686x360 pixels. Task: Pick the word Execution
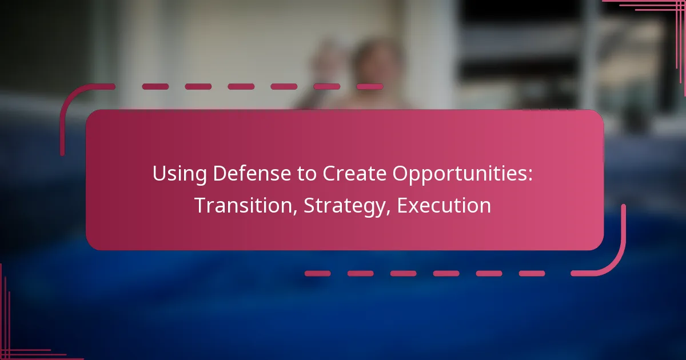pos(444,206)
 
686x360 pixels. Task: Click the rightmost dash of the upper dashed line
pos(369,87)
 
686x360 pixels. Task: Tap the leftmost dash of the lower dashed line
pos(318,274)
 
